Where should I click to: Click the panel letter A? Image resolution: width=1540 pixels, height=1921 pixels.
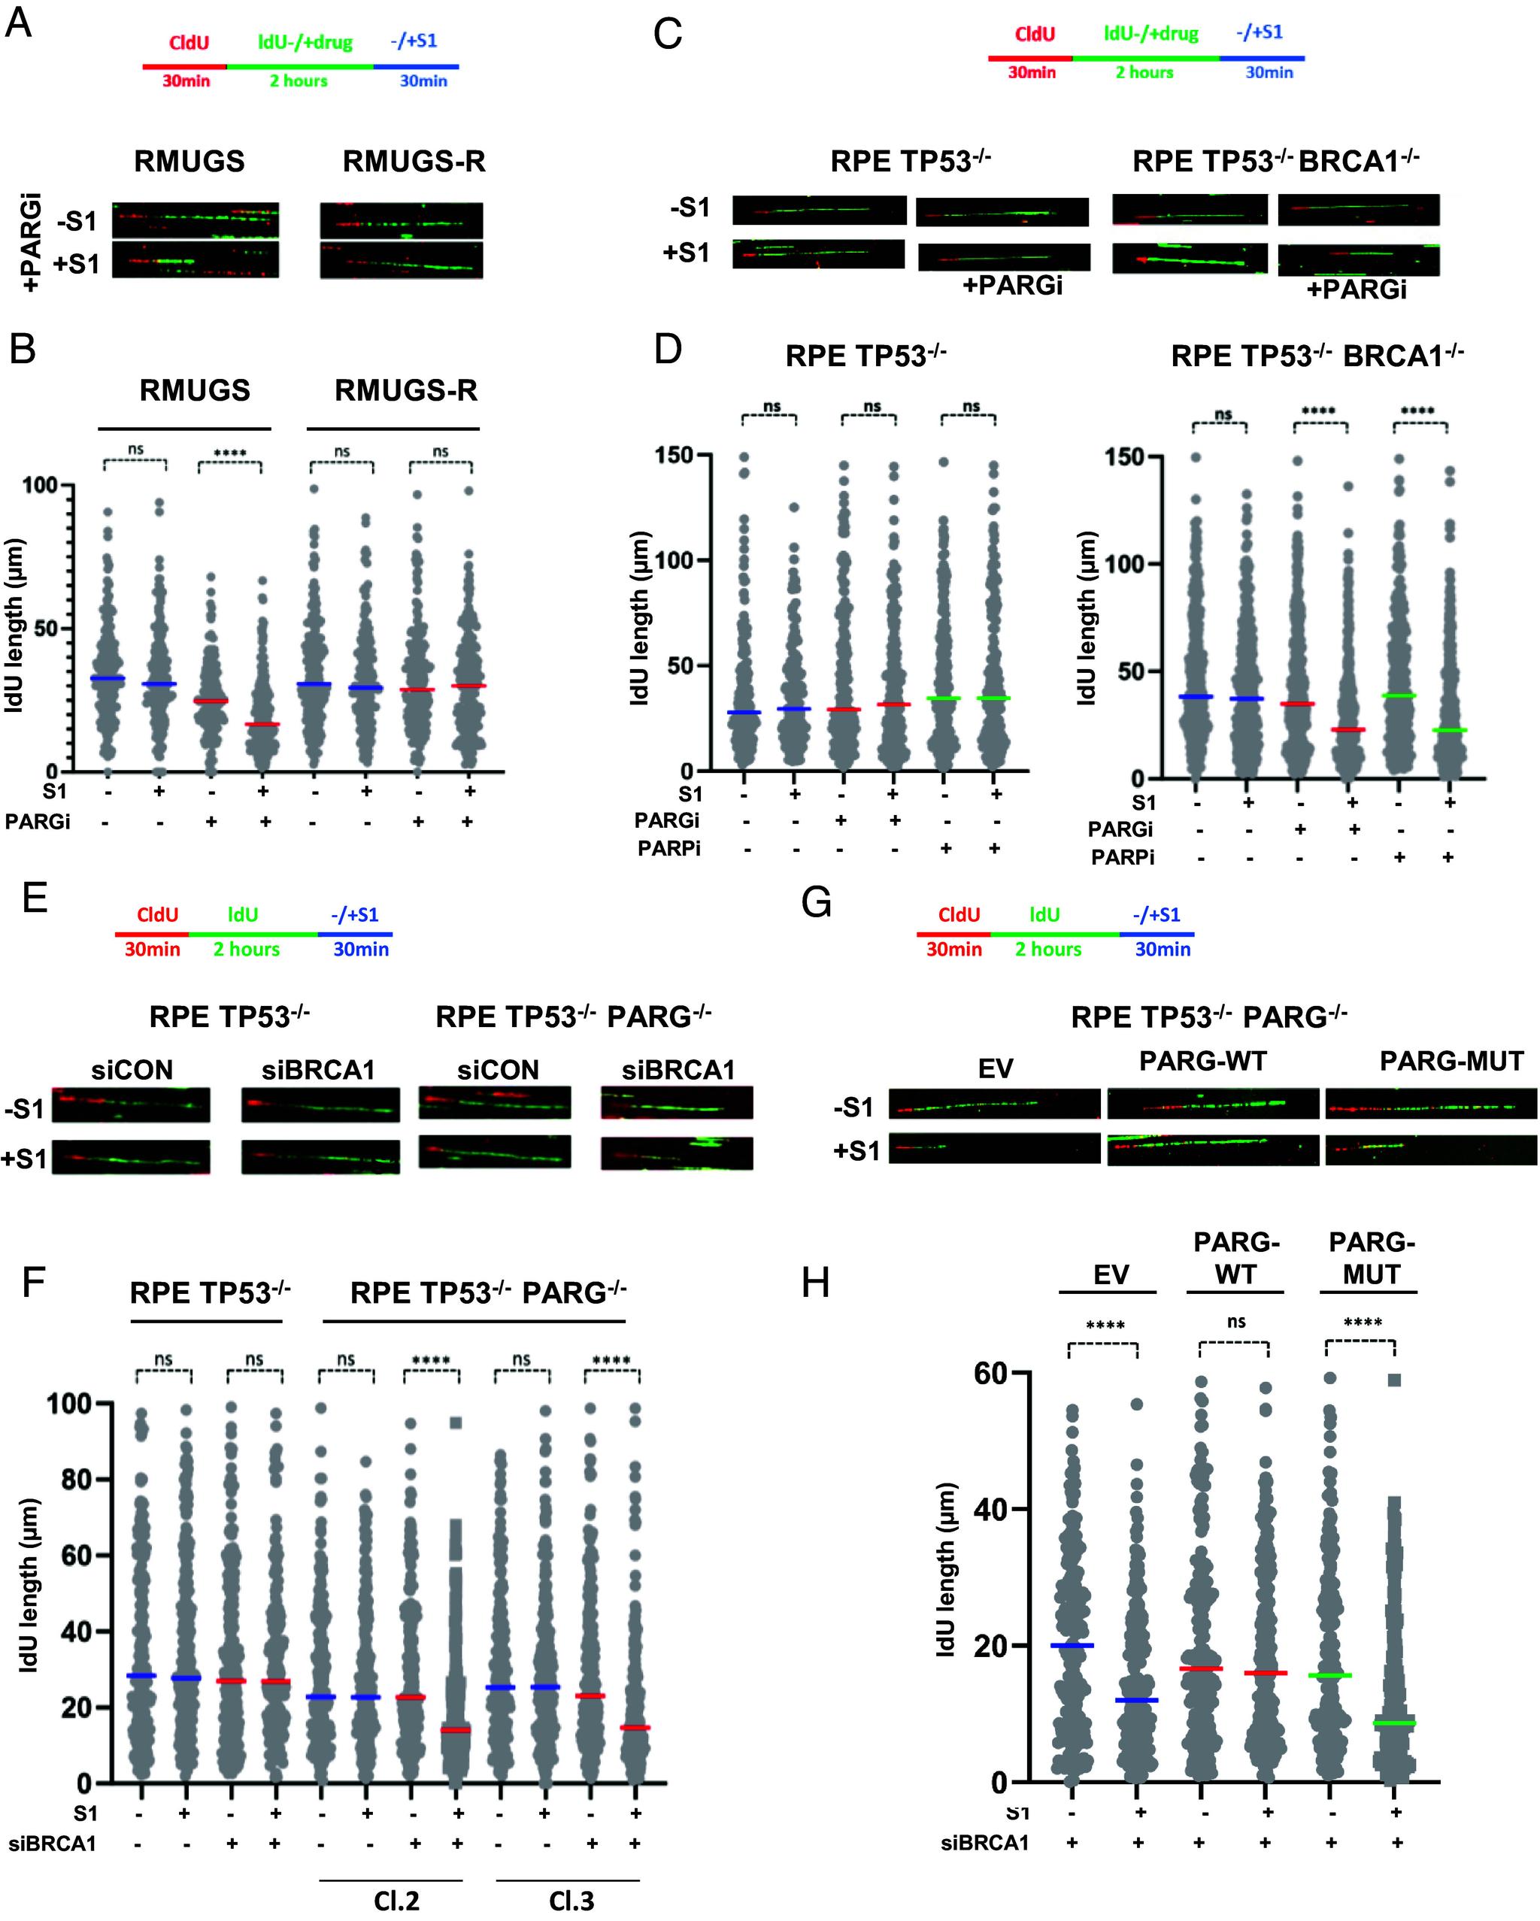click(19, 23)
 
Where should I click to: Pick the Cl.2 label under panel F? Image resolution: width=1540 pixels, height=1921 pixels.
click(396, 1901)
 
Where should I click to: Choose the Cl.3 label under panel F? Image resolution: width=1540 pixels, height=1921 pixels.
click(571, 1901)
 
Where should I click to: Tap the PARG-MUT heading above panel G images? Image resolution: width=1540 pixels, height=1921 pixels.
click(1451, 1061)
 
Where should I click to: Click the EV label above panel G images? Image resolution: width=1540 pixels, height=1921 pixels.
click(996, 1068)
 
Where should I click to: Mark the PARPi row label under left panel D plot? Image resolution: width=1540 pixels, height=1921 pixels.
click(668, 849)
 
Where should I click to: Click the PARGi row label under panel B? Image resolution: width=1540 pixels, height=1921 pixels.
click(38, 822)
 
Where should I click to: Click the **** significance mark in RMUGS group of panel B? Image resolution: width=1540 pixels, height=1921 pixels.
click(230, 453)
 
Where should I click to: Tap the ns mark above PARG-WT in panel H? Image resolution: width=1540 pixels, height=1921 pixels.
click(1236, 1321)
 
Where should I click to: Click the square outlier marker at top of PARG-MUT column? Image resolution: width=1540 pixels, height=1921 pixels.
click(1395, 1380)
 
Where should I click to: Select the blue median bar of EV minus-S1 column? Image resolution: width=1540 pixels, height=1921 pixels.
click(1072, 1645)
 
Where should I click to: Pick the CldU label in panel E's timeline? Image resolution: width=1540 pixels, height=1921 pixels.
click(157, 915)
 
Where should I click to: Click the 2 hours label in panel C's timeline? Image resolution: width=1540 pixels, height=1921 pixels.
click(1144, 72)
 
